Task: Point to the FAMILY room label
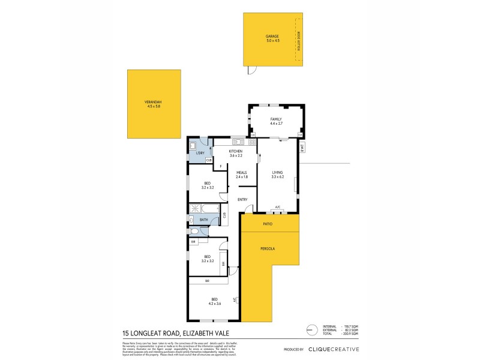(276, 119)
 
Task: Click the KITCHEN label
(235, 151)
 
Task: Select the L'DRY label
(200, 153)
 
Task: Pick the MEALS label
(241, 173)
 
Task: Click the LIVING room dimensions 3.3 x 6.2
(277, 177)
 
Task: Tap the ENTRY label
(242, 200)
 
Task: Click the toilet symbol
(194, 231)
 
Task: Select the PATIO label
(268, 224)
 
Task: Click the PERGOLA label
(268, 247)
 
